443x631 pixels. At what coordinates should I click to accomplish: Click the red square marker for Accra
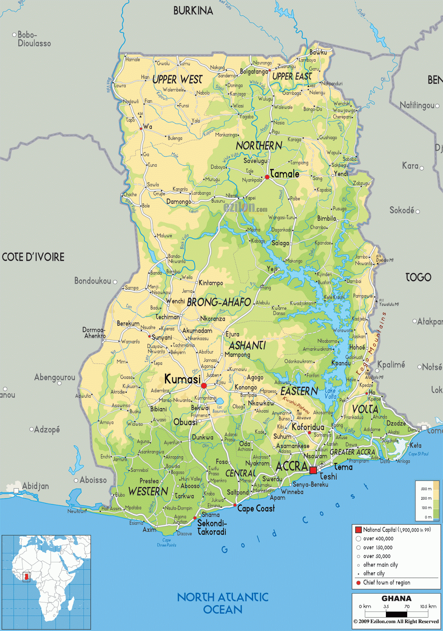313,470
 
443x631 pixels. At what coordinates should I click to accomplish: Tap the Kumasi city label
182,379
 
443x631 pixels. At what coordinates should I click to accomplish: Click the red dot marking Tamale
267,177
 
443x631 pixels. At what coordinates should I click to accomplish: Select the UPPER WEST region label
177,80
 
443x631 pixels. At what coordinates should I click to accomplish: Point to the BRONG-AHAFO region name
219,302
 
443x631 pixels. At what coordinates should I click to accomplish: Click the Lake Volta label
330,394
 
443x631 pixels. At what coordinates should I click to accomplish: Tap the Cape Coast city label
256,509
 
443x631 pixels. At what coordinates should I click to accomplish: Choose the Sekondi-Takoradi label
212,528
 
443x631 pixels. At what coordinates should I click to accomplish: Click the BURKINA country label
193,11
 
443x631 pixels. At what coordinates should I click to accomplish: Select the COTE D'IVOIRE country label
33,257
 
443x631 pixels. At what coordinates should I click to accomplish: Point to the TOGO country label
418,277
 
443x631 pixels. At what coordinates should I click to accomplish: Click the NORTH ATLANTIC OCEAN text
223,603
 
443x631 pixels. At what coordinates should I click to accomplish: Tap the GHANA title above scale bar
396,598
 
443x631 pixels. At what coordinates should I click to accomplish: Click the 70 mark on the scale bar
407,607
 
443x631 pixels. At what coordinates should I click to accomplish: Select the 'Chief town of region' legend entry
386,582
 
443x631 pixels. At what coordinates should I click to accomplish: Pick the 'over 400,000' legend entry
378,539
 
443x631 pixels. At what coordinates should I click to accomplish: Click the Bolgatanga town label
254,72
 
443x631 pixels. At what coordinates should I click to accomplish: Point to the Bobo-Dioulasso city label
34,39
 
